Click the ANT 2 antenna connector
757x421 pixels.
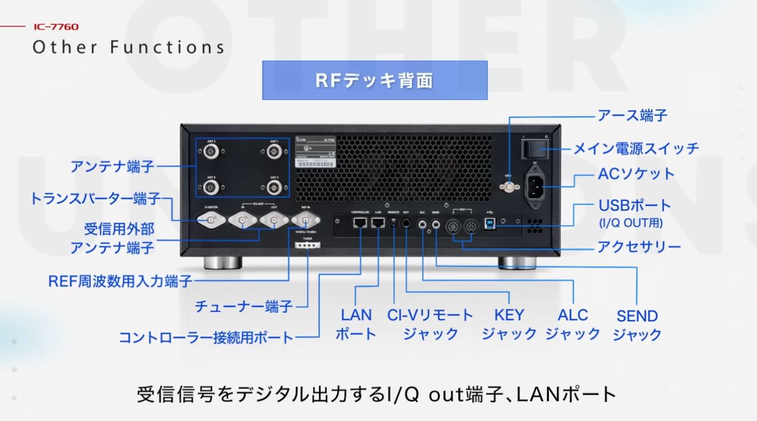tap(210, 152)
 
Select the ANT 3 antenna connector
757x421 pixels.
tap(274, 188)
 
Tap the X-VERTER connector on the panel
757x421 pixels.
tap(211, 222)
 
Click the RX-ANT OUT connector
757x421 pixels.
tap(274, 222)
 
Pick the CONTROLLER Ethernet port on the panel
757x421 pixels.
tap(360, 223)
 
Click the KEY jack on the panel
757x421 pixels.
tap(407, 223)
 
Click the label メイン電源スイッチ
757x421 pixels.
tap(635, 148)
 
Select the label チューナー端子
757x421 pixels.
tap(244, 307)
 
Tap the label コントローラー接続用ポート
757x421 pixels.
tap(206, 338)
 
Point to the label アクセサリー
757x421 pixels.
tap(639, 246)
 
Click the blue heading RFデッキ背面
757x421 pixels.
tap(375, 81)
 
